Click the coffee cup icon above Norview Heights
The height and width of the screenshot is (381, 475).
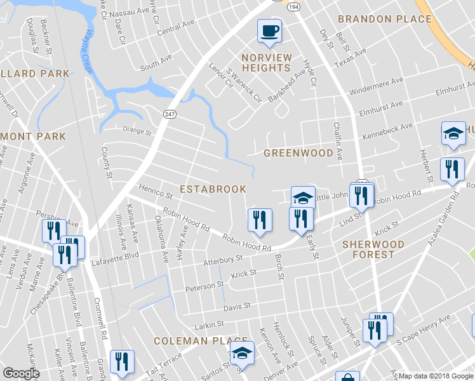click(269, 30)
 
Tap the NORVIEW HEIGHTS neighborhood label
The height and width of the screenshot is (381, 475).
click(267, 63)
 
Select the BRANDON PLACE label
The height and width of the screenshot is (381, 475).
click(385, 19)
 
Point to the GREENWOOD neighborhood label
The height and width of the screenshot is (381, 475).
click(298, 153)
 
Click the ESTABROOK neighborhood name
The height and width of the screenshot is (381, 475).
click(213, 189)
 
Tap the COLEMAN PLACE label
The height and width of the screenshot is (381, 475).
click(189, 341)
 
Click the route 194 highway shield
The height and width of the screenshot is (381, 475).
click(293, 6)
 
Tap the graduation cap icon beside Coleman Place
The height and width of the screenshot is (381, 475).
click(241, 353)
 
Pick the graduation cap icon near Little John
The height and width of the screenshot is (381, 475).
click(303, 197)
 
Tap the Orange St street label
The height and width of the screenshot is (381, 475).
click(137, 133)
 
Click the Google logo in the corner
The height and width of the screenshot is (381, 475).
click(21, 373)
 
